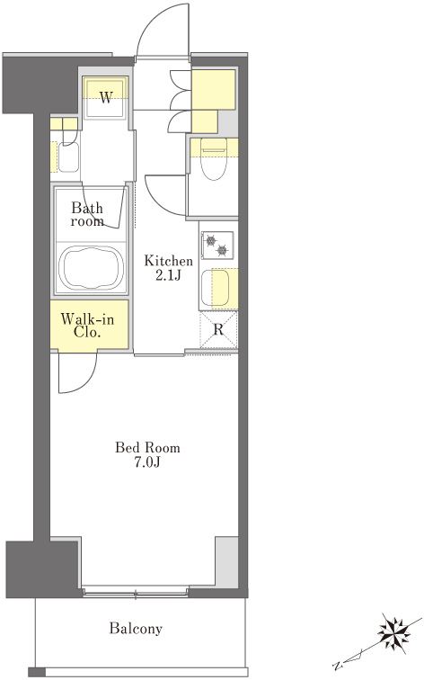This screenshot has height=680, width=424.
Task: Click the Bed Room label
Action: pos(147,447)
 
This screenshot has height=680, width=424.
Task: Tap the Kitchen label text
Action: pos(168,261)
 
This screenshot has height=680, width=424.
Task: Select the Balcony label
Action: pos(136,628)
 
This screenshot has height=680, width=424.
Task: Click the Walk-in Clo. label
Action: pos(87,326)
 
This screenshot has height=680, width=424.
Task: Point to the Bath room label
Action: pos(87,214)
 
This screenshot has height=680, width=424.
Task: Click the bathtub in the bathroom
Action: pos(91,268)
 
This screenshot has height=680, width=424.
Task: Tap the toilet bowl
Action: pos(214,159)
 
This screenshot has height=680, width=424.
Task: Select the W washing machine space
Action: pos(106,97)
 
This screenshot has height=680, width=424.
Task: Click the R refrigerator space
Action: pos(218,329)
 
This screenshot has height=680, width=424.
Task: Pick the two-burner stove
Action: pos(217,245)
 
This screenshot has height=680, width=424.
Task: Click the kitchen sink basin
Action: pos(215,287)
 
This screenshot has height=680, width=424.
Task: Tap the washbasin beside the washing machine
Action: pos(68,157)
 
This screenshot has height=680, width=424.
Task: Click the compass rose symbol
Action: pos(393,632)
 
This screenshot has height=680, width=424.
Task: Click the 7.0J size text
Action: pos(146,462)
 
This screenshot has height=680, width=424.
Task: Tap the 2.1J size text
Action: pos(168,275)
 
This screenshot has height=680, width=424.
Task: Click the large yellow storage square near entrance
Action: pos(214,89)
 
